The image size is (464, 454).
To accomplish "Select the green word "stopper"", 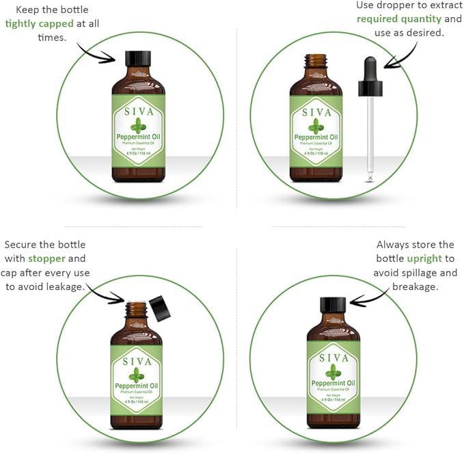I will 46,258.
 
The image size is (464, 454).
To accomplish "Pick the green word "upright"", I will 424,258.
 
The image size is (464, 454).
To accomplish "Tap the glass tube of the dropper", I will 370,137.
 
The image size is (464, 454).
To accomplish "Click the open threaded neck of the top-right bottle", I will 315,61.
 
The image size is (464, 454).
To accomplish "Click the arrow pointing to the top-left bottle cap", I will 95,53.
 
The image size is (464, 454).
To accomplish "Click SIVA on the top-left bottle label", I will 138,111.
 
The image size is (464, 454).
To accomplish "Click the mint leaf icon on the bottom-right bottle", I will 333,371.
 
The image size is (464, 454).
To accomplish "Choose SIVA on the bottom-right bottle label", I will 333,358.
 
